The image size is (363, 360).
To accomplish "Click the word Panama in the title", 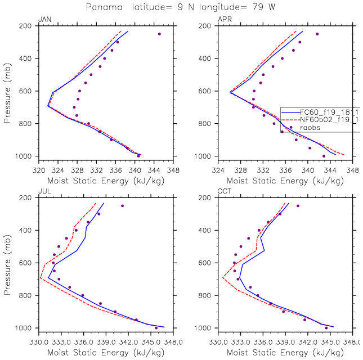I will click(x=100, y=7).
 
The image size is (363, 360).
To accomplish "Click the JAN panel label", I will click(x=43, y=20).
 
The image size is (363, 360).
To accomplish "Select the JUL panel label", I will click(x=43, y=192).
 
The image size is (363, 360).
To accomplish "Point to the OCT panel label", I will click(x=225, y=192).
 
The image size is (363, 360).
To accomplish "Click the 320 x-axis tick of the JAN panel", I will click(x=38, y=168).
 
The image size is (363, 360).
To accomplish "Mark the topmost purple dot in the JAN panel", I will click(x=159, y=34).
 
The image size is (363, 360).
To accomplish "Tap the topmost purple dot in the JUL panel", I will click(x=122, y=206).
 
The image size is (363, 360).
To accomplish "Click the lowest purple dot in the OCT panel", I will click(x=326, y=328).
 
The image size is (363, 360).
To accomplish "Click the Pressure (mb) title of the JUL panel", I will click(x=7, y=262).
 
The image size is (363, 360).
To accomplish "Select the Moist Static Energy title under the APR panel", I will click(x=285, y=181).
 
